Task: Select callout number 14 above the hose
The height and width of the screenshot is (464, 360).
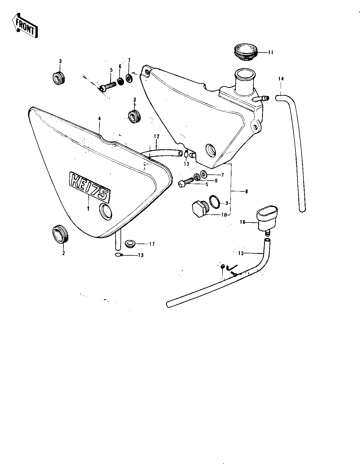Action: [281, 78]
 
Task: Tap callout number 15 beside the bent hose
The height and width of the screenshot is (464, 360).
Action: [241, 253]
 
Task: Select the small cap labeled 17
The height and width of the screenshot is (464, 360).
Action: [131, 244]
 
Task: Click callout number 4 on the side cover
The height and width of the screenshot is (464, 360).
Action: [99, 118]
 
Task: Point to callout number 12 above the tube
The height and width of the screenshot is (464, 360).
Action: [156, 136]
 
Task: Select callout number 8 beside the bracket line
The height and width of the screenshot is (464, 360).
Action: [246, 191]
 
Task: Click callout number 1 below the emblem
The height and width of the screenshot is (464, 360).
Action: [88, 208]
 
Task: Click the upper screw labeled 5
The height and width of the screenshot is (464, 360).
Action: [109, 86]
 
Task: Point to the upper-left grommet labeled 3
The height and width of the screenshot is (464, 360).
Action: [59, 78]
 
